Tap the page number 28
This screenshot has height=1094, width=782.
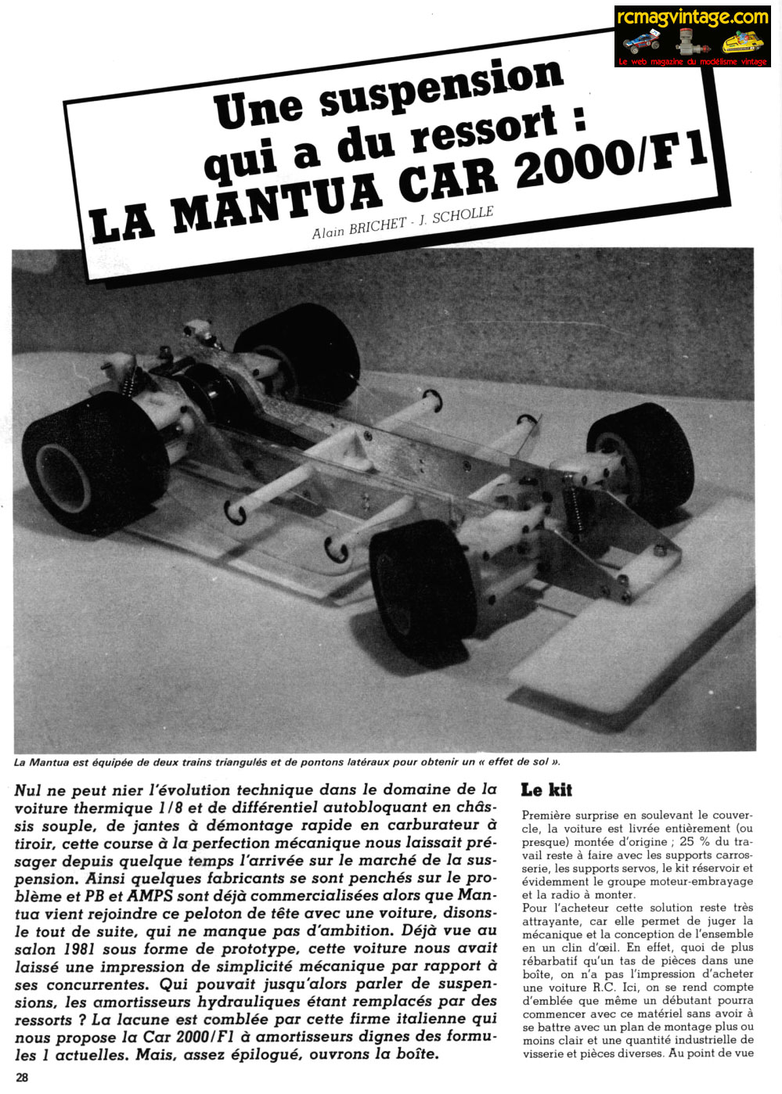point(22,1077)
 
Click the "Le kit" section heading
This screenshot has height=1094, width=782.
point(546,790)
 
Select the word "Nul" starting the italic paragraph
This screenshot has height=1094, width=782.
point(27,790)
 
